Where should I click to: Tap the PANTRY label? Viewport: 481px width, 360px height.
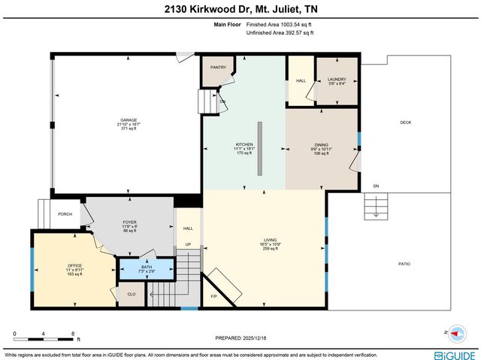[x=218, y=68]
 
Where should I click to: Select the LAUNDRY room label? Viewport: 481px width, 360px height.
[x=336, y=79]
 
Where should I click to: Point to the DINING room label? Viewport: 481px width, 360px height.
[x=322, y=146]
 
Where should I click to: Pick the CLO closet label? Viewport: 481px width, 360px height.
[x=131, y=295]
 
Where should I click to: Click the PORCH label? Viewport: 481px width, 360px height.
[x=65, y=214]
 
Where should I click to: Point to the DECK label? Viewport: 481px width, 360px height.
[x=405, y=123]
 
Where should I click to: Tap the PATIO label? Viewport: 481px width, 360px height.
[x=404, y=263]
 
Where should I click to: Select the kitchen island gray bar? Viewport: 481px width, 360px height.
[x=259, y=149]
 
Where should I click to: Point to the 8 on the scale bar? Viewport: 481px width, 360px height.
[x=72, y=333]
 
